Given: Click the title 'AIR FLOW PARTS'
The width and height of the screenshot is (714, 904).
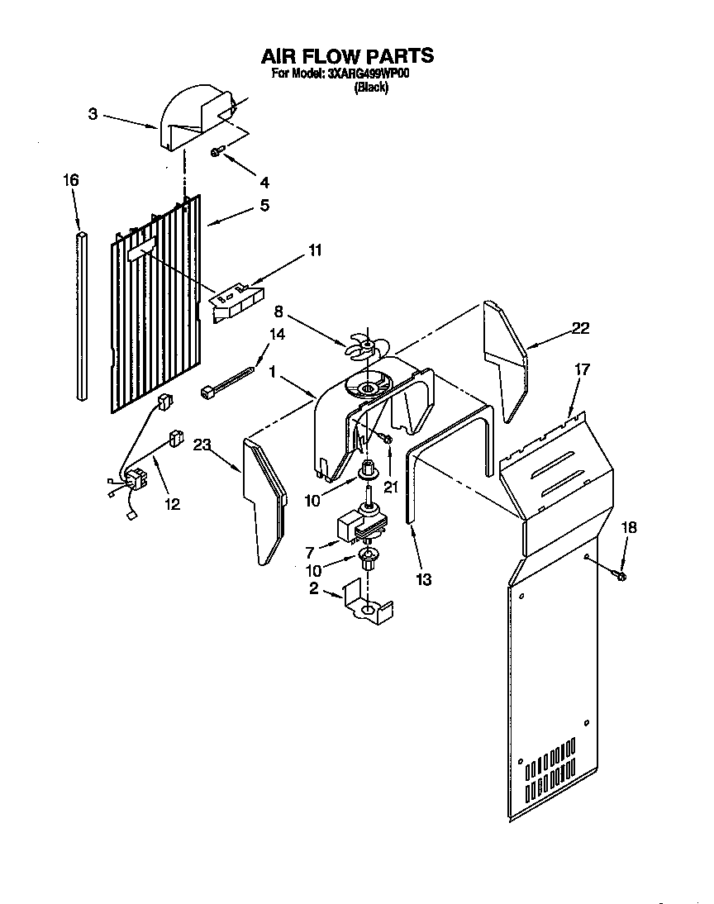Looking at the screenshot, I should (x=347, y=56).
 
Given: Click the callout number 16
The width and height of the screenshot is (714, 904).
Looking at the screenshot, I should (x=71, y=179).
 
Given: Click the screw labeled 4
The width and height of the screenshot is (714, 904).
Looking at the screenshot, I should (x=218, y=152).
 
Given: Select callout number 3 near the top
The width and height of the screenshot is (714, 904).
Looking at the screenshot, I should (x=93, y=114).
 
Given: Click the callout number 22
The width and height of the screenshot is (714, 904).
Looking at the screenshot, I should (x=580, y=329).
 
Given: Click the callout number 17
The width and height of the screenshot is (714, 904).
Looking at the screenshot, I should (x=582, y=369).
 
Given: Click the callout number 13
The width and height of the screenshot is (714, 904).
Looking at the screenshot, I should (x=424, y=579).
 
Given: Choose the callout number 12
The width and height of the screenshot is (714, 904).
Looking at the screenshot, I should (x=172, y=503).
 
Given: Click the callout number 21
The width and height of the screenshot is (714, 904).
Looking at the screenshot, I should (x=391, y=487).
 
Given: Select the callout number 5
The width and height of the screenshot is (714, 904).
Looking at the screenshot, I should (x=264, y=206).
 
